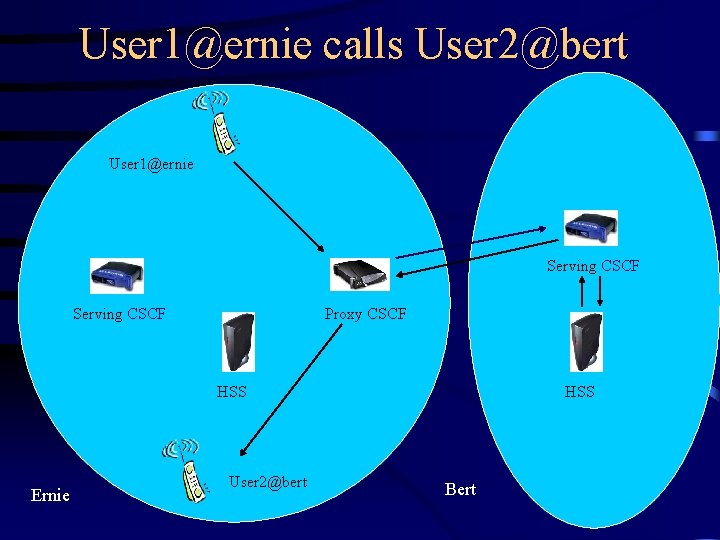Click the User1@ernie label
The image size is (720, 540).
[151, 162]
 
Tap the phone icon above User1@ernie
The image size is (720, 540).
[217, 119]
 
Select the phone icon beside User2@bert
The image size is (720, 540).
[187, 469]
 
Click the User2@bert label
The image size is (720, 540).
[267, 482]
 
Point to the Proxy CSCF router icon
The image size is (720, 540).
[359, 274]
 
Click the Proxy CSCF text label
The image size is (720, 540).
[365, 314]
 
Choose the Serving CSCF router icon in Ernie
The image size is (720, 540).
[117, 275]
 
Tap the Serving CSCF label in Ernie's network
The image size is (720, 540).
[119, 314]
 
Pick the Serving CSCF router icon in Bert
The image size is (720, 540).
[590, 228]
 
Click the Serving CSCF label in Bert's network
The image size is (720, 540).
[592, 266]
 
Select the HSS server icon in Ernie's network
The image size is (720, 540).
[238, 342]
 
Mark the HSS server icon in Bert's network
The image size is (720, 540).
[585, 342]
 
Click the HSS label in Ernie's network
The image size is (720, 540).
[232, 392]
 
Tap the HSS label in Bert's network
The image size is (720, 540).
[579, 392]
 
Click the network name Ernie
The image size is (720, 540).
[50, 495]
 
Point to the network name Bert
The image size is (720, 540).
[460, 489]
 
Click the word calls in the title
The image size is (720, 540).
[363, 45]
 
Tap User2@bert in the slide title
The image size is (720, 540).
[521, 45]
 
